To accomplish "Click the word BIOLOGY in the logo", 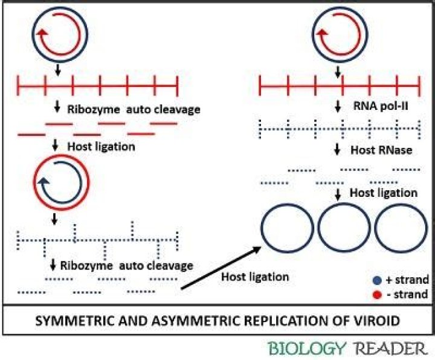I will tap(307, 349).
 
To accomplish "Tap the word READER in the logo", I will tap(390, 349).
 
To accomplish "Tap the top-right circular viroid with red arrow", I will tap(336, 31).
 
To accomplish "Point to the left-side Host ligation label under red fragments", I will tap(100, 146).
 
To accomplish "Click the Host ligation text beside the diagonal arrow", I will tap(255, 277).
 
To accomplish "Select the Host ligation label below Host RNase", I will tap(384, 193).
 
